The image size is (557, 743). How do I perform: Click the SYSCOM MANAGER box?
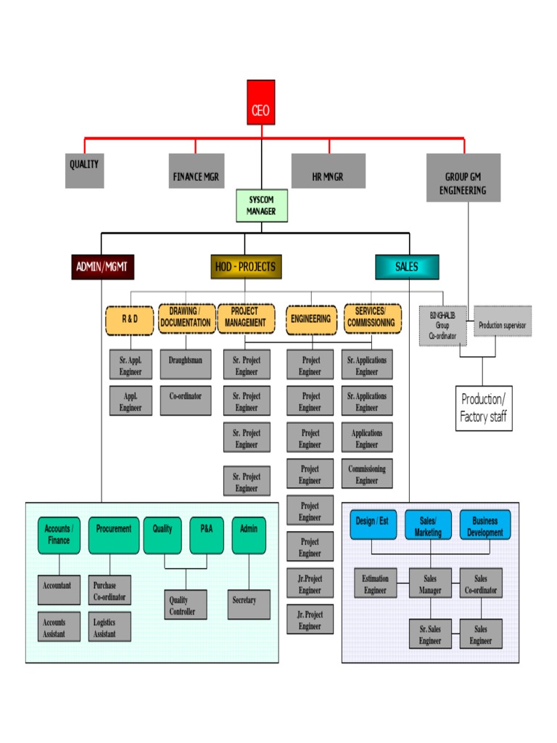[261, 205]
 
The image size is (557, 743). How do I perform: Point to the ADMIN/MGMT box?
[102, 267]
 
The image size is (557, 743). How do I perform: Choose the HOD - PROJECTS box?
[246, 267]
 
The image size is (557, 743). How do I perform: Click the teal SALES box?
[406, 267]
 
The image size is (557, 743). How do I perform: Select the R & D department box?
[130, 320]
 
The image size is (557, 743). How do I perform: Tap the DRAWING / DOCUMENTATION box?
[186, 319]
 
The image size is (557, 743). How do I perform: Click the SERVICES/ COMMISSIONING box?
[371, 319]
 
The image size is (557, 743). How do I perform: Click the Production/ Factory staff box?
[483, 409]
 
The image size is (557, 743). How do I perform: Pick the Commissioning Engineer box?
[367, 474]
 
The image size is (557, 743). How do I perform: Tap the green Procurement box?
[113, 535]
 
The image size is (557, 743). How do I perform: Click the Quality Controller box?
[185, 604]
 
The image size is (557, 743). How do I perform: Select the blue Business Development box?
[484, 525]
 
